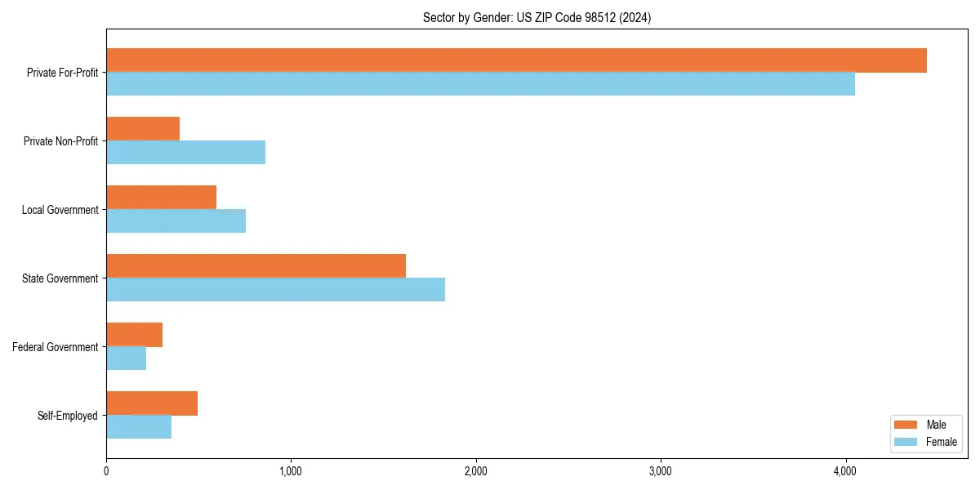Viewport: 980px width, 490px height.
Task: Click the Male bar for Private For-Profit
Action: [516, 60]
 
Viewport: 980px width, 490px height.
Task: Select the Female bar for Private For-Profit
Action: [480, 84]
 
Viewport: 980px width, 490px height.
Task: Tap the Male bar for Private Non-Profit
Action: [143, 129]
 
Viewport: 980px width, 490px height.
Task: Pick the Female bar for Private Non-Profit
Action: [185, 153]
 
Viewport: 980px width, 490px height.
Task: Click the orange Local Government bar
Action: [161, 198]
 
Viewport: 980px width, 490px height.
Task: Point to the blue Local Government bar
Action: [176, 221]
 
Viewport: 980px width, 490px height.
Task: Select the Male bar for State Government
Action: [256, 266]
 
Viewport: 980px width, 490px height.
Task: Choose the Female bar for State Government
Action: [275, 290]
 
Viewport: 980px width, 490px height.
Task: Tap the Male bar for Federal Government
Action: [134, 335]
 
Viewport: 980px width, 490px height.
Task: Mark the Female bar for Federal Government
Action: [126, 359]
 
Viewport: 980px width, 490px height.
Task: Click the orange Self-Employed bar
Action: [152, 403]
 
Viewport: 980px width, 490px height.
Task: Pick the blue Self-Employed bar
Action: [139, 427]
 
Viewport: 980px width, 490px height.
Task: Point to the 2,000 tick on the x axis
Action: [475, 471]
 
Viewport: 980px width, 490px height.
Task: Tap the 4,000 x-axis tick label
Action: [844, 471]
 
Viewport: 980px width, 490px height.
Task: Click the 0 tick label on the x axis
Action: [106, 471]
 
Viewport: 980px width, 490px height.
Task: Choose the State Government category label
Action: [60, 278]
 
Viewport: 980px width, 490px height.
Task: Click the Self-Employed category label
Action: [67, 416]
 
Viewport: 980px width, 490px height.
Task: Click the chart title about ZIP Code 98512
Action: [537, 17]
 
